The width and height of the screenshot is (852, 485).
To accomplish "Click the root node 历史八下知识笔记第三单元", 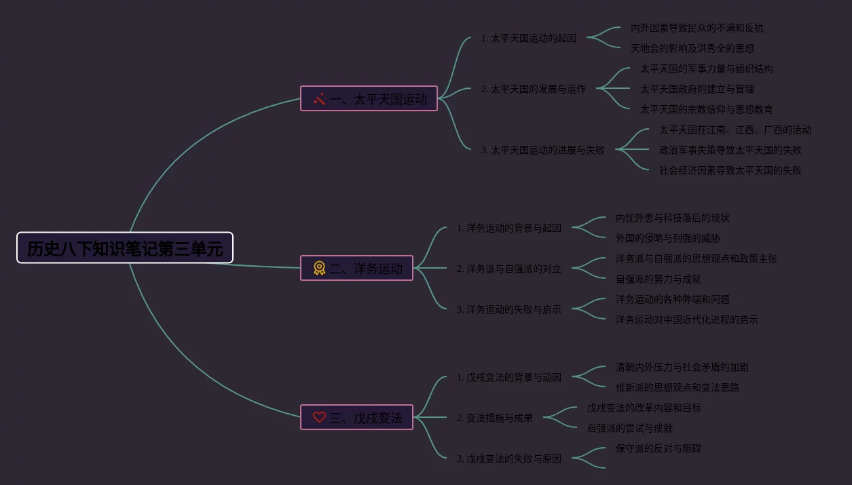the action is coord(125,248).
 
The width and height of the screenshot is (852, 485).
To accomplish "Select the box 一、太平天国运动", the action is coord(369,98).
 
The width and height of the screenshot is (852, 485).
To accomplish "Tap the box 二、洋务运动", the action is coord(357,268).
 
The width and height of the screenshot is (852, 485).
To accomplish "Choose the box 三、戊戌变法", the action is coord(357,417).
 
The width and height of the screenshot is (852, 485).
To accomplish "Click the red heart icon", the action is coord(319,417).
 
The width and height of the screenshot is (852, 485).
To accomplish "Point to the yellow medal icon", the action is coord(319,268).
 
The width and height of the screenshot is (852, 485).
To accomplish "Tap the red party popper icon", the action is coord(319,99).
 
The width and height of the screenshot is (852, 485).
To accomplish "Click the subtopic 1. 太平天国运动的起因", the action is coord(529,38).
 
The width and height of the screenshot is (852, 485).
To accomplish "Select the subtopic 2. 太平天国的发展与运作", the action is coord(533,89).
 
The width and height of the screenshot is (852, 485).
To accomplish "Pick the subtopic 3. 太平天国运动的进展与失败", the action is coord(543,150).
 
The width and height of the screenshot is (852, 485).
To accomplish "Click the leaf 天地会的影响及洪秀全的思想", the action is coord(692,48).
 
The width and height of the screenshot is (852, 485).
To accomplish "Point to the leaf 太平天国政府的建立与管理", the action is coord(697,89).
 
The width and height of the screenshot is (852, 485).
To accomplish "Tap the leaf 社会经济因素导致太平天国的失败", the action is coord(730,170).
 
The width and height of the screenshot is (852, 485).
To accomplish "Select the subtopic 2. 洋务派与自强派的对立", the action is coord(509,269).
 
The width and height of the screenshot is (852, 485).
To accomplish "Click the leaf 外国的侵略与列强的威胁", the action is coord(668,238).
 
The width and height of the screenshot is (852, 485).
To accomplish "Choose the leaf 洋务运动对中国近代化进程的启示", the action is coord(687,319).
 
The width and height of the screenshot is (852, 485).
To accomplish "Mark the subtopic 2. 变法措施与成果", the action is coord(494,418).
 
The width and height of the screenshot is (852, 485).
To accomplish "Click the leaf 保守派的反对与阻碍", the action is coord(659,448).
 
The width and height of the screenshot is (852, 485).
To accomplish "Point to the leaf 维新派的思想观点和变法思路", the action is coord(678,387).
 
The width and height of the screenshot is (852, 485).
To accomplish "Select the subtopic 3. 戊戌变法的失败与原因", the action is coord(509,459).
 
